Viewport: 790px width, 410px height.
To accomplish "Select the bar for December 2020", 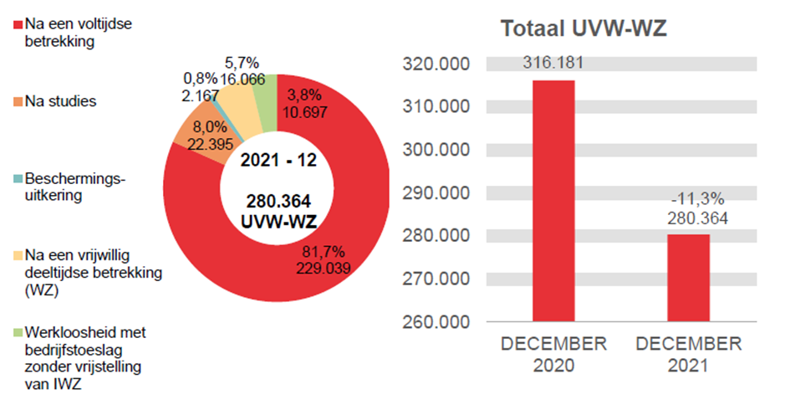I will tap(553, 201).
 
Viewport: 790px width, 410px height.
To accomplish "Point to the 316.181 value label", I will tap(553, 63).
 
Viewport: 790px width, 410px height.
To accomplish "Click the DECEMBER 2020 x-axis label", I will tap(553, 355).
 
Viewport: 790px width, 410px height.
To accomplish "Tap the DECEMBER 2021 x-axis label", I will tap(688, 355).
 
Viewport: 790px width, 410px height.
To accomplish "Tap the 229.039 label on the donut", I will tap(323, 268).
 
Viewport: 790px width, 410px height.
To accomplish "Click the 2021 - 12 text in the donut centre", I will tap(278, 161).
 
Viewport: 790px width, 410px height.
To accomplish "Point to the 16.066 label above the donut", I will tap(243, 79).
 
